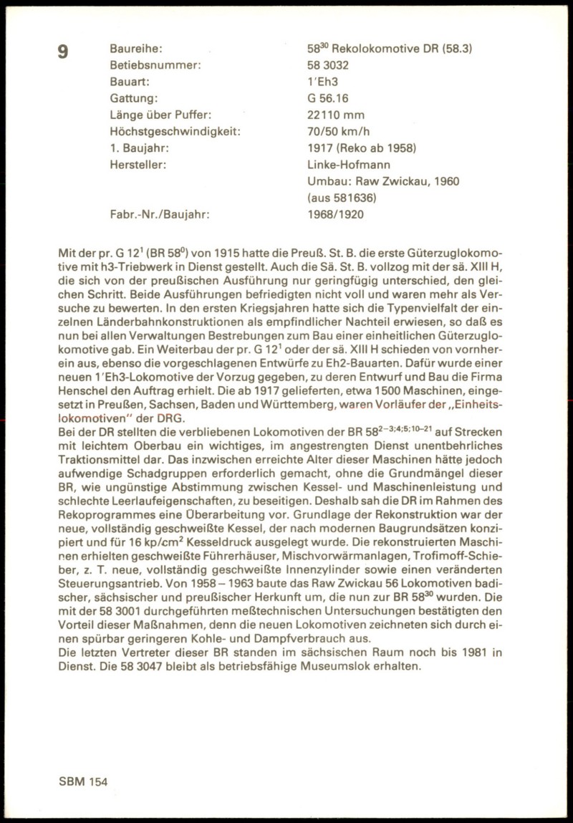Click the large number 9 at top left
(63, 52)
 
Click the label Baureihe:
(136, 49)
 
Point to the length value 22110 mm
(335, 115)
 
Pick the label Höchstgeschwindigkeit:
(175, 132)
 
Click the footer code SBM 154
(83, 783)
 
